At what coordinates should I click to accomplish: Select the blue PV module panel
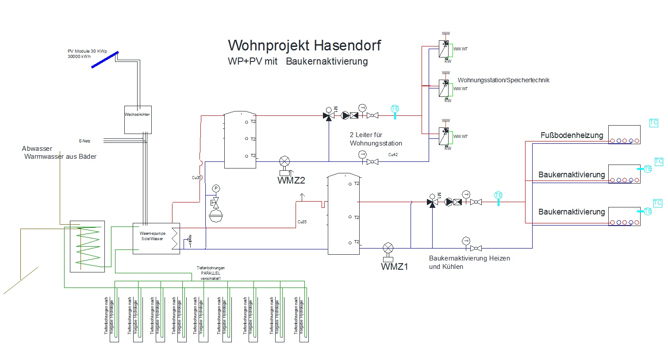[x=105, y=60]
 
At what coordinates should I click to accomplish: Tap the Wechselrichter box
[x=138, y=120]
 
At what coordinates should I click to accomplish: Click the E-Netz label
[x=84, y=141]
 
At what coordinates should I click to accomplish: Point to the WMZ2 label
[x=291, y=180]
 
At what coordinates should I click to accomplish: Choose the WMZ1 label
[x=395, y=267]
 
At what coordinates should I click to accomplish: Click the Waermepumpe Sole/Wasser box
[x=156, y=238]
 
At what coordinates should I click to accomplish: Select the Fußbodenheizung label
[x=572, y=135]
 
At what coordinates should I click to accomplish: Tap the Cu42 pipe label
[x=393, y=155]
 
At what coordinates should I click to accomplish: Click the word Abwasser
[x=37, y=149]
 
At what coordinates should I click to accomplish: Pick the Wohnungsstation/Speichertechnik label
[x=503, y=80]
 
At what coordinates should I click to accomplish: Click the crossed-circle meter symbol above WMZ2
[x=284, y=161]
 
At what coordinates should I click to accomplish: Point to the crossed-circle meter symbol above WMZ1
[x=388, y=248]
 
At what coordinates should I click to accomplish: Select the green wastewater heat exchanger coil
[x=88, y=246]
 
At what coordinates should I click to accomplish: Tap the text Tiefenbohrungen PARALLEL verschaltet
[x=211, y=273]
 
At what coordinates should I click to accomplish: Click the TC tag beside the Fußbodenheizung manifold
[x=653, y=123]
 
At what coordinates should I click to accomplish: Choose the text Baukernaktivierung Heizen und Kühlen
[x=469, y=262]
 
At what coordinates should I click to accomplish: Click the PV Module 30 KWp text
[x=87, y=51]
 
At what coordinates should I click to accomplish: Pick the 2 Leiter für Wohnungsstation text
[x=376, y=139]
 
